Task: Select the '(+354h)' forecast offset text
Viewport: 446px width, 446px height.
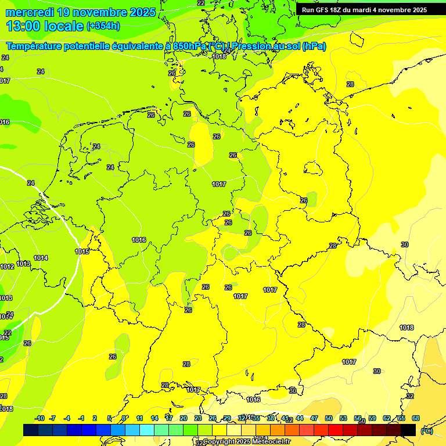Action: (103, 26)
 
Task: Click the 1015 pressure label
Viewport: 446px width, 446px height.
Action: (82, 251)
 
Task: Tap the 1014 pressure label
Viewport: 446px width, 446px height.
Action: (41, 258)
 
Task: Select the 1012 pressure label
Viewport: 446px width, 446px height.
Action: (7, 267)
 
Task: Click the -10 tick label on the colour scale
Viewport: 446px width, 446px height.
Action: (39, 418)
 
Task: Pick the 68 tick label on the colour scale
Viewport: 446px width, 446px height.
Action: (416, 418)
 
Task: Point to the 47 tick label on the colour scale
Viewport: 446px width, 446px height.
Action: (314, 418)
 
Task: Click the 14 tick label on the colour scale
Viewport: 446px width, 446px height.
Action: (154, 418)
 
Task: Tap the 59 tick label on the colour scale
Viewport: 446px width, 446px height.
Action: (372, 418)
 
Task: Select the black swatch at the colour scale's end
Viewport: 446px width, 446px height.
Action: (408, 430)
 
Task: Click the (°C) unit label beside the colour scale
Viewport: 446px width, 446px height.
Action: (426, 430)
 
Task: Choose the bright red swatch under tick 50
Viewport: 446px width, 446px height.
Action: (336, 430)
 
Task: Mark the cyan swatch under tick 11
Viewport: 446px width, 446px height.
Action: (147, 430)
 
